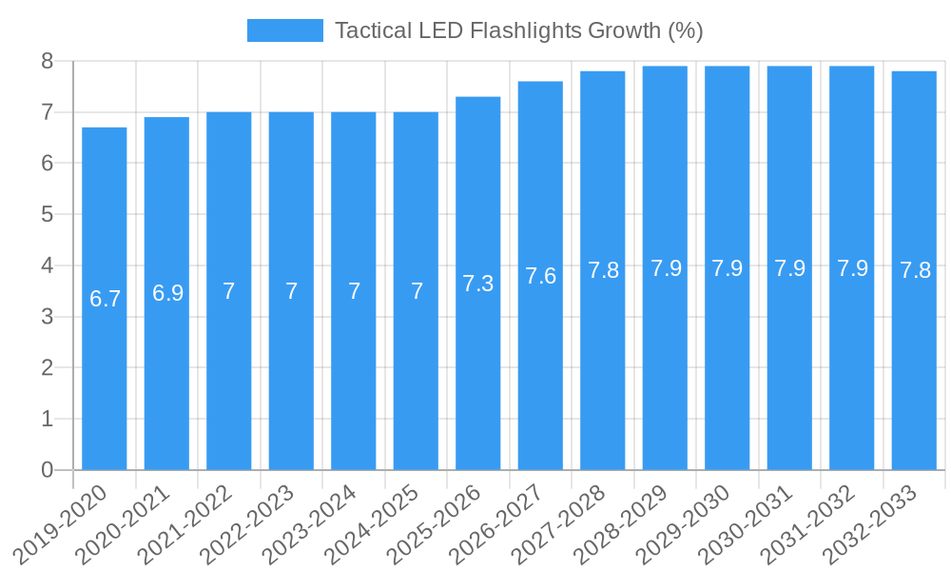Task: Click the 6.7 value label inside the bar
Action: (105, 299)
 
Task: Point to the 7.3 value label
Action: (478, 284)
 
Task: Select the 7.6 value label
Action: (540, 276)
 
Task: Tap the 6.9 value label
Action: (167, 293)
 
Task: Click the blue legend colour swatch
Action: (284, 30)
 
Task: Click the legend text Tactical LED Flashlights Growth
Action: (518, 30)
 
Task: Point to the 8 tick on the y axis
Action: (48, 62)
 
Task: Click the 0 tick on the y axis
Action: (48, 470)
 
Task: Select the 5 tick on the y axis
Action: (48, 215)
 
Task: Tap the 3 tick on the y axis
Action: (48, 317)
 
